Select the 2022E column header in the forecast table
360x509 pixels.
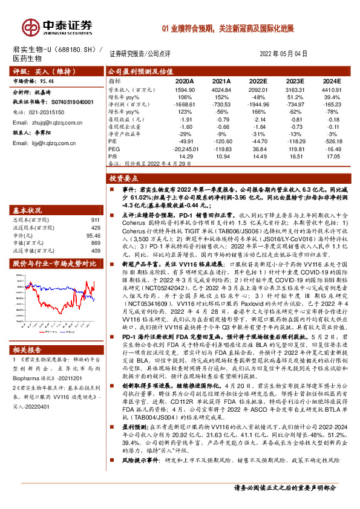pyautogui.click(x=258, y=81)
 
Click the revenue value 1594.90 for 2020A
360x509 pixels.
pyautogui.click(x=185, y=89)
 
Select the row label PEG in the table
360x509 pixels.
pyautogui.click(x=113, y=148)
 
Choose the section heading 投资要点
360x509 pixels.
pyautogui.click(x=125, y=179)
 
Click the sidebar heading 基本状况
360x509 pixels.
pyautogui.click(x=28, y=210)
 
